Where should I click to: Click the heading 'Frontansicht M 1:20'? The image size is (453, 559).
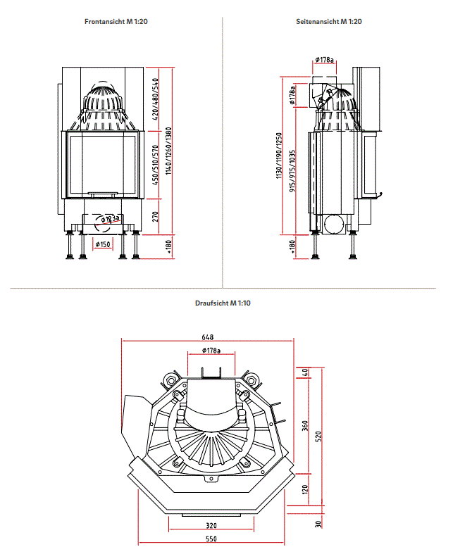116,22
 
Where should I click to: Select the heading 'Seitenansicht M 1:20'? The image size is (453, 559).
329,22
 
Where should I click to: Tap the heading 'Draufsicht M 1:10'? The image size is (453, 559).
223,303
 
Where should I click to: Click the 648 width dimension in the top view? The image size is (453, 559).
206,335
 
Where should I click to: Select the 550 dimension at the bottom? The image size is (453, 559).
211,539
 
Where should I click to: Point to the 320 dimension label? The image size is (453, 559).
211,525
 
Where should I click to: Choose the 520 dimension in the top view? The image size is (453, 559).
318,436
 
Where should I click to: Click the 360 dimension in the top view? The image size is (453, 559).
305,427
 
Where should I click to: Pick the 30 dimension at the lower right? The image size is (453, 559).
318,524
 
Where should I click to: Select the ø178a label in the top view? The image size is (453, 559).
211,350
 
